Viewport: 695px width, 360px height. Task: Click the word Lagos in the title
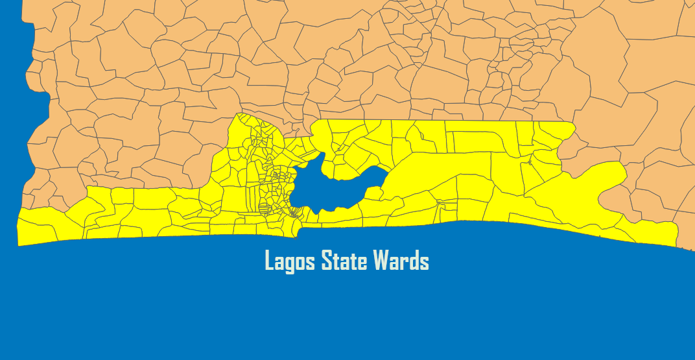point(290,261)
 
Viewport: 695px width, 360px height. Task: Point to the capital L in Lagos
point(269,261)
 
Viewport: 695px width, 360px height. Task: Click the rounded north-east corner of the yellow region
point(571,127)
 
